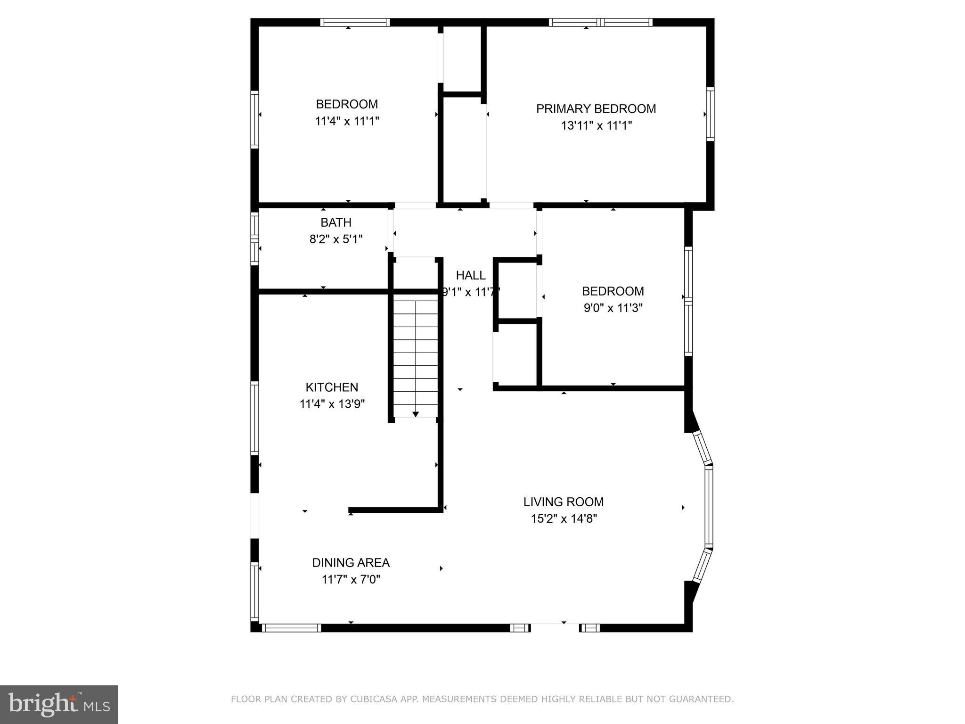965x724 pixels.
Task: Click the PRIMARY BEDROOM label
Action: coord(596,109)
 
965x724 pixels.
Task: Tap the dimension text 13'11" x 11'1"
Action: coord(596,126)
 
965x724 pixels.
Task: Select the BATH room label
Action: coord(336,222)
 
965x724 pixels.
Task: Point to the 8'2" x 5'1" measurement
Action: coord(336,239)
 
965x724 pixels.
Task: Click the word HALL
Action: coord(470,276)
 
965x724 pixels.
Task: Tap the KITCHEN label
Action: coord(332,387)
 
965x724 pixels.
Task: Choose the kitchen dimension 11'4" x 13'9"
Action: coord(332,404)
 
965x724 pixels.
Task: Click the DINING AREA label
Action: coord(351,563)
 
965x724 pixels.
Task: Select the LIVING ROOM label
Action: coord(564,502)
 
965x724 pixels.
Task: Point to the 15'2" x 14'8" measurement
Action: coord(564,519)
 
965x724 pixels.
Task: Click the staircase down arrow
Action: coord(416,413)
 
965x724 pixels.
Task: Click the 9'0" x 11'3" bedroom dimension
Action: coord(613,308)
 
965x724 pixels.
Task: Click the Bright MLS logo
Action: coord(59,705)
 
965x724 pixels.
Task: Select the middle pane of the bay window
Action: coord(708,507)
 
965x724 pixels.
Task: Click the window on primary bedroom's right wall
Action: coord(710,114)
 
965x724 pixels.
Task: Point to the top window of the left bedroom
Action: coord(355,22)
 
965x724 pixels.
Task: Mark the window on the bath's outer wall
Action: coord(254,238)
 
